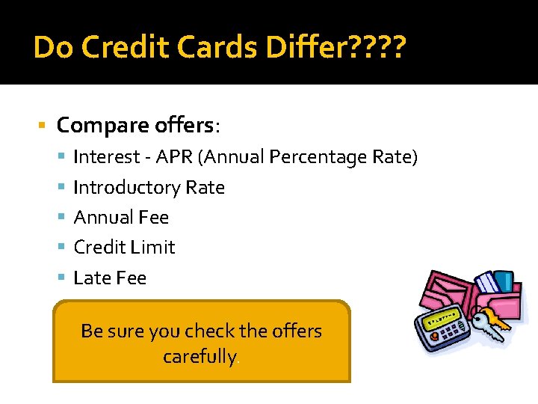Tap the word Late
point(92,278)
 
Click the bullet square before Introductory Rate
point(62,188)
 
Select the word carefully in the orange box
point(200,356)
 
